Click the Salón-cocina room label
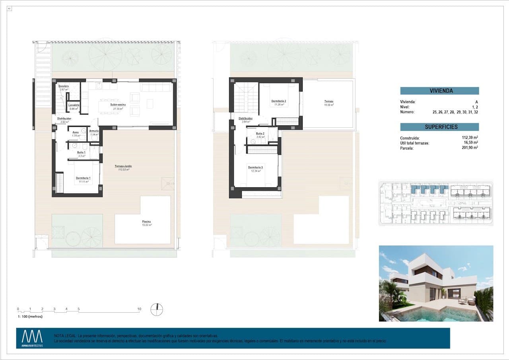[x=118, y=105]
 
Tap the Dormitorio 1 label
[x=84, y=178]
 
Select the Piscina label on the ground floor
[x=146, y=222]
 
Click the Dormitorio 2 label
[x=279, y=101]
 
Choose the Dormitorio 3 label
[x=255, y=167]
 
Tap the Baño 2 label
[x=260, y=134]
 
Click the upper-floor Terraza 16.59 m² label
[x=328, y=102]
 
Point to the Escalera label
[x=64, y=86]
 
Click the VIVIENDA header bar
[x=439, y=91]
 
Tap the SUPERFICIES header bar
[x=439, y=127]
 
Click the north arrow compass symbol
[x=157, y=309]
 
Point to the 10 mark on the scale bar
[x=139, y=309]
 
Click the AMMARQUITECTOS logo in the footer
[x=32, y=338]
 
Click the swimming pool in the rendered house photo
[x=437, y=314]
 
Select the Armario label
[x=94, y=131]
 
